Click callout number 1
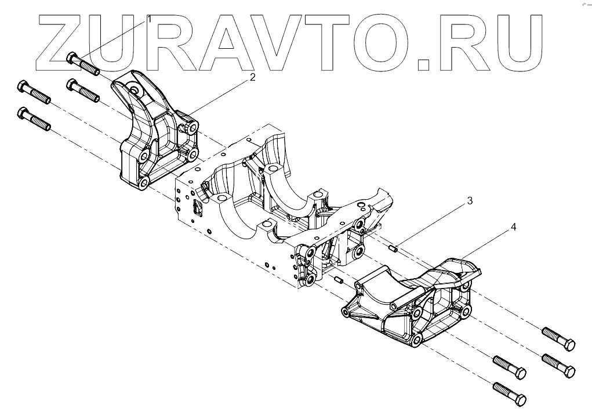point(149,19)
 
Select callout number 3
point(470,201)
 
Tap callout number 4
point(513,228)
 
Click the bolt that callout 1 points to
point(83,63)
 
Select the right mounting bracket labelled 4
point(412,305)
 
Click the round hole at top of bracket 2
point(136,91)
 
